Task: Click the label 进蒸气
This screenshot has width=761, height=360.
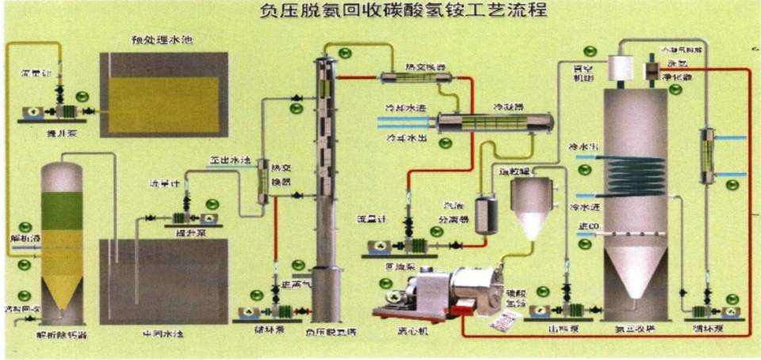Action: pos(296,284)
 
